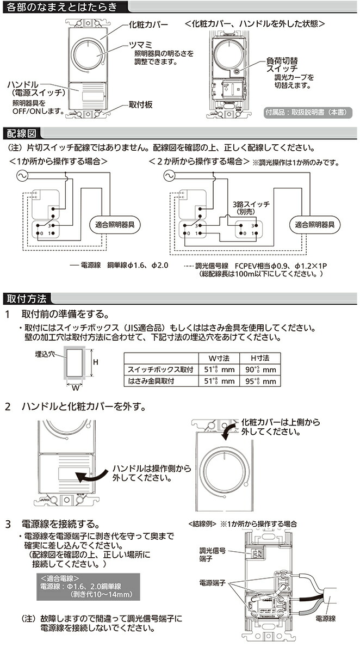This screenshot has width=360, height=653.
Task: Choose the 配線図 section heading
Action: pos(22,133)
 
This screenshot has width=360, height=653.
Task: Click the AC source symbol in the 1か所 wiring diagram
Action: pos(24,176)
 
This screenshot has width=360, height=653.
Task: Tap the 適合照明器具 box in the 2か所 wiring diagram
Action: pos(318,224)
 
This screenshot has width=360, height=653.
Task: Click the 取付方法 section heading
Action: pos(27,298)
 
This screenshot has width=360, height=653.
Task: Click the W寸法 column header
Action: pos(219,358)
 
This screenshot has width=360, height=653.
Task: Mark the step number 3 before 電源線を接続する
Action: pos(8,525)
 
